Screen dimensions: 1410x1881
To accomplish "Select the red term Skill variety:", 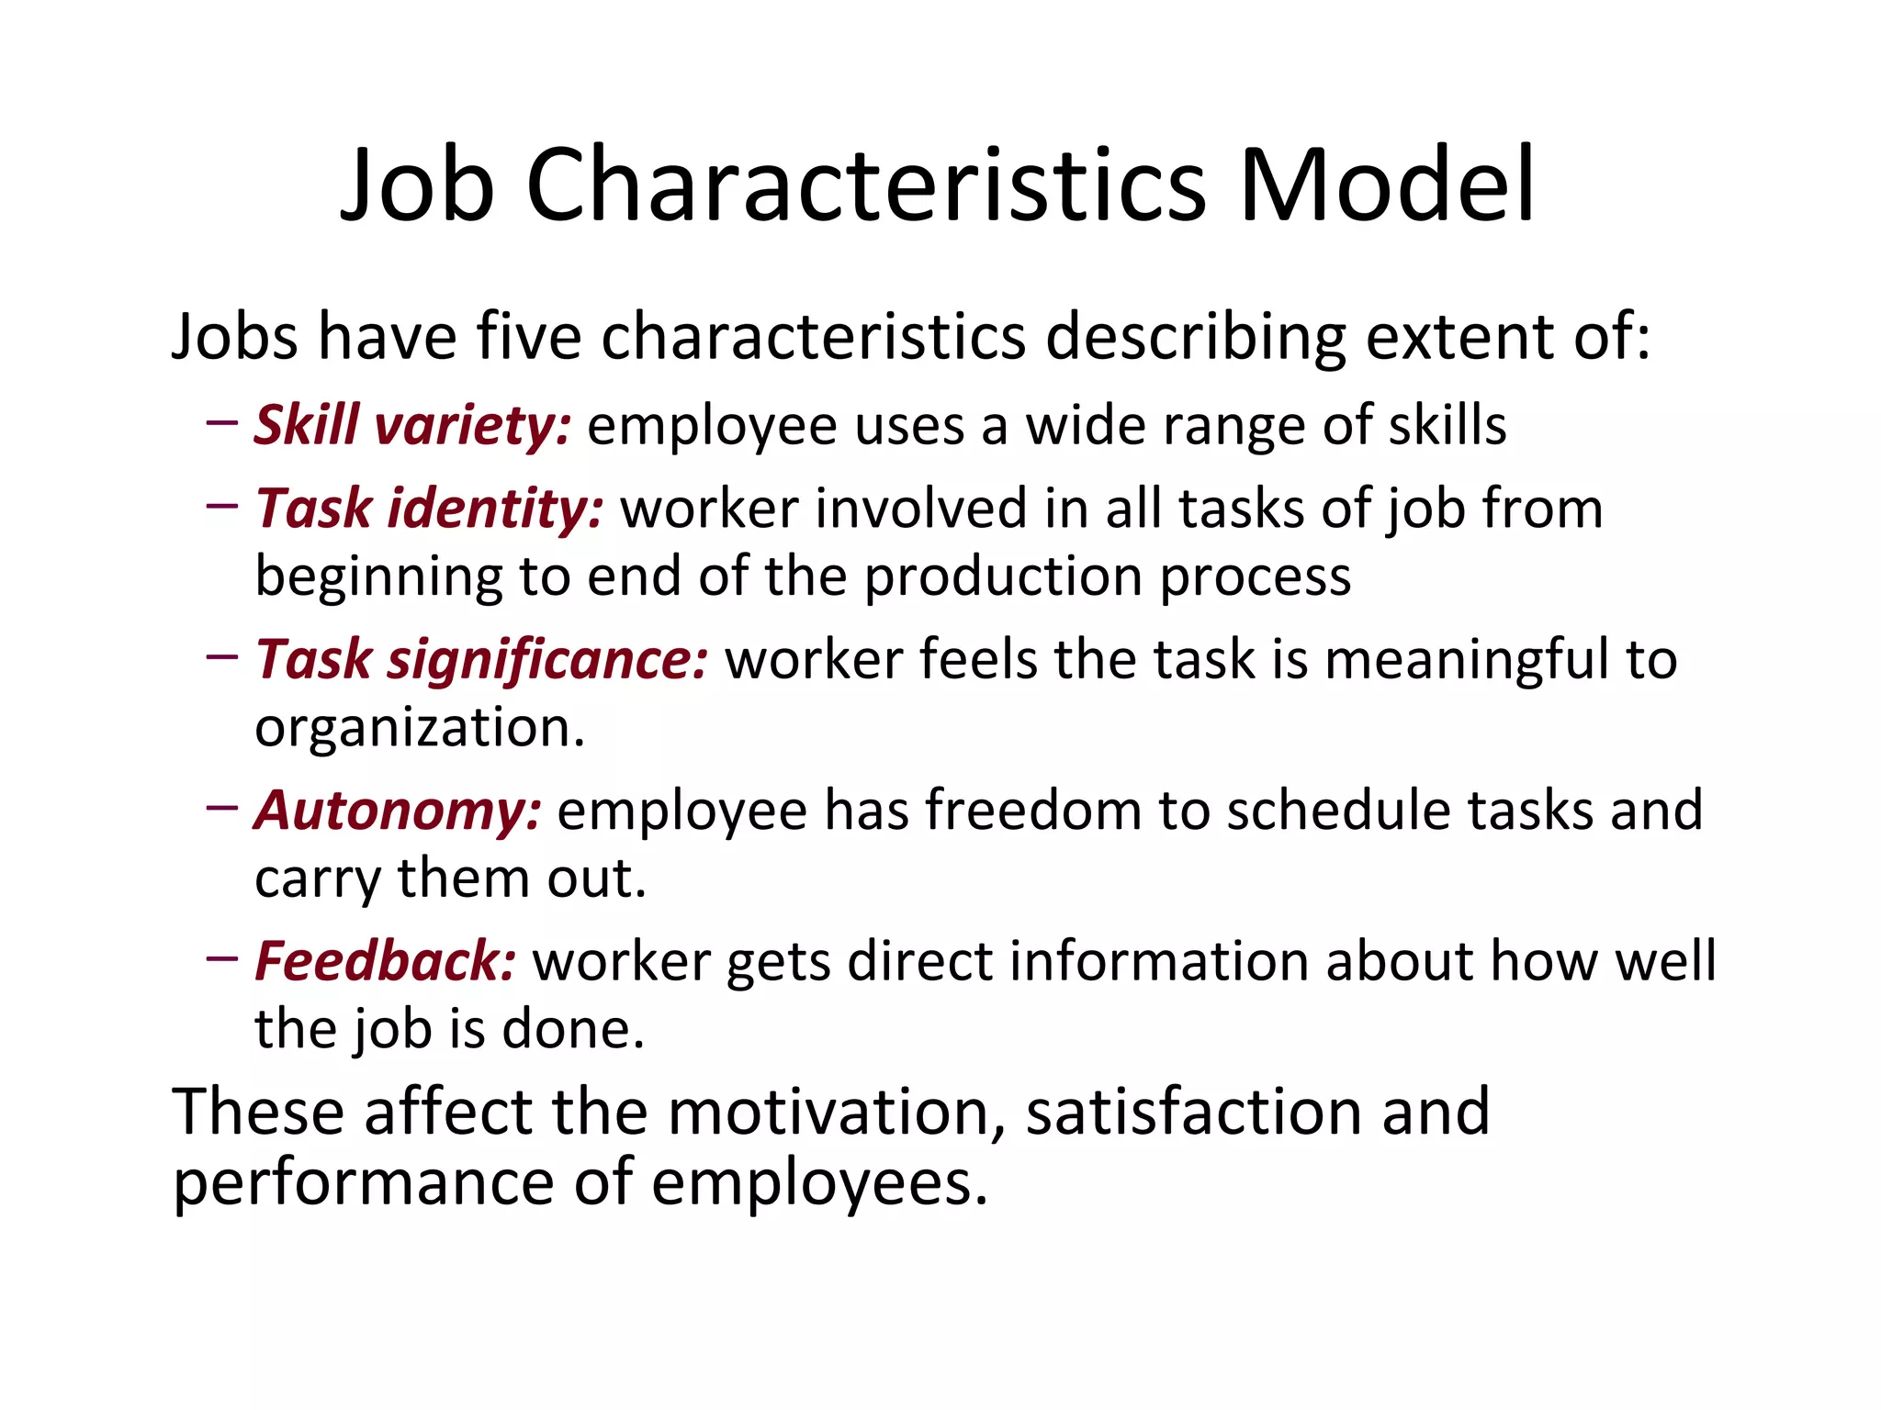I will click(x=412, y=426).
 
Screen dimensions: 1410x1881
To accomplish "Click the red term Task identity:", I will click(x=429, y=509).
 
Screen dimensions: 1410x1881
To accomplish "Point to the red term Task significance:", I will click(x=481, y=660).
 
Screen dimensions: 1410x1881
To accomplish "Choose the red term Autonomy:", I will click(x=398, y=811).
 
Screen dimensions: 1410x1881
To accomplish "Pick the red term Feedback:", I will click(x=385, y=961).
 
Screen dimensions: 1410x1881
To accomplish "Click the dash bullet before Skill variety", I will click(x=222, y=423).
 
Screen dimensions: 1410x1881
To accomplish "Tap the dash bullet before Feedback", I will click(x=222, y=958).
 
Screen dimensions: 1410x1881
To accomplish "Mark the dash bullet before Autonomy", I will click(x=222, y=808).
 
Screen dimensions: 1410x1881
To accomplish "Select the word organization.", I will click(x=419, y=728).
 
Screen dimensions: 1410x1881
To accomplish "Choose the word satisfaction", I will click(x=1195, y=1113).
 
